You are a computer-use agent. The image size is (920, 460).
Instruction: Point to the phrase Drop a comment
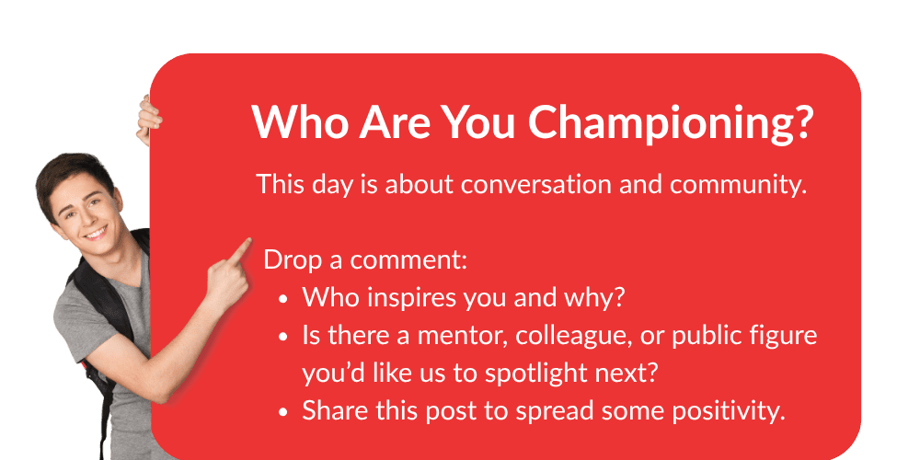(365, 260)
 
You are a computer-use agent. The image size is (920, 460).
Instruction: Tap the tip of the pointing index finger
(248, 241)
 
